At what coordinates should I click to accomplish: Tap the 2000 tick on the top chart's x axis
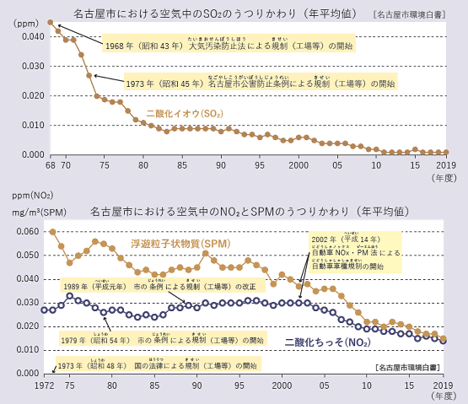point(299,165)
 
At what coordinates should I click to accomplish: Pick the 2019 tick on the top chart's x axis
point(444,165)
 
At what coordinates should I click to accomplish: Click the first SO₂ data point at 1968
point(50,23)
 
